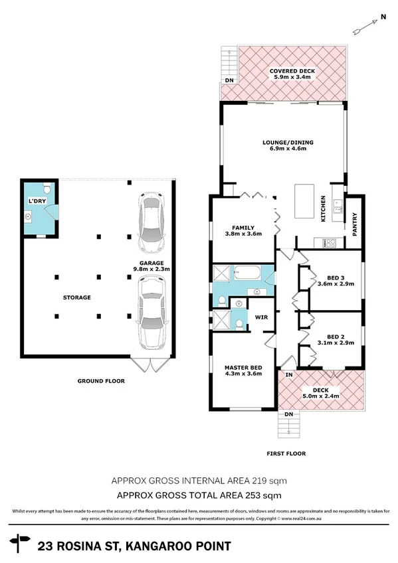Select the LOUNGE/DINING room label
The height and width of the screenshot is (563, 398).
(x=287, y=143)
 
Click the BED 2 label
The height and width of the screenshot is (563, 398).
(x=336, y=336)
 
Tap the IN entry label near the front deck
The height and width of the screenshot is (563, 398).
(x=288, y=375)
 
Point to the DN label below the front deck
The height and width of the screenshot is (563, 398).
(x=288, y=415)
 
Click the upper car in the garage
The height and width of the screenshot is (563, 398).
(x=150, y=218)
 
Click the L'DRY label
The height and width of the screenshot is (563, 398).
(x=35, y=201)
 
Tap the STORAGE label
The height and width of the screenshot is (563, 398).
(x=77, y=297)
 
